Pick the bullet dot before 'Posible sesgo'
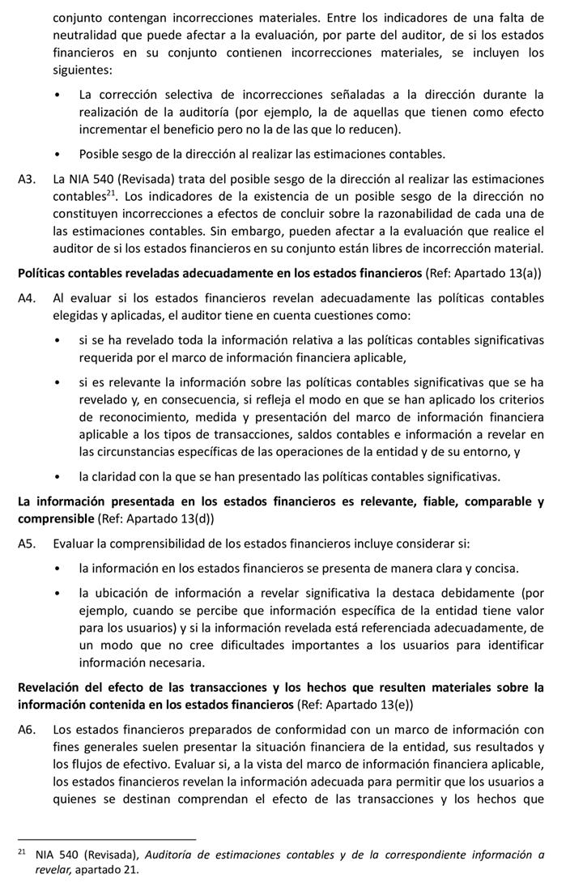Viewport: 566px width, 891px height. point(57,154)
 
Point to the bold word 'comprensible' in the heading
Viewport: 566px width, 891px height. point(55,518)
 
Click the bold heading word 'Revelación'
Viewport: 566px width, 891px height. point(52,688)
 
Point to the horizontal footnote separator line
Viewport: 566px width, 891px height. point(105,839)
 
